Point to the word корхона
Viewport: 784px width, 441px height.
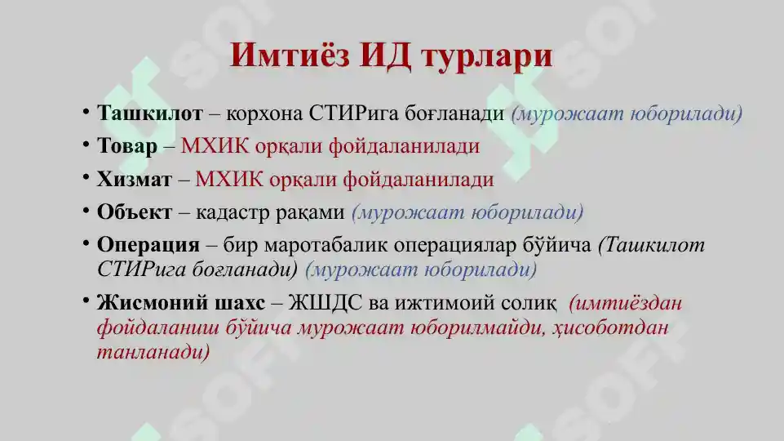coord(266,114)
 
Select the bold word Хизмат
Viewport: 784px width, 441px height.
coord(135,179)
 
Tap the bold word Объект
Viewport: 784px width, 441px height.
coord(135,212)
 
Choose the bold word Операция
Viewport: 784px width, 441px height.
coord(148,246)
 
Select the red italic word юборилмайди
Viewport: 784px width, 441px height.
coord(475,328)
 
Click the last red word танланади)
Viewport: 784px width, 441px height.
coord(153,352)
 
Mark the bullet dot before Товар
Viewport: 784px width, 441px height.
coord(86,144)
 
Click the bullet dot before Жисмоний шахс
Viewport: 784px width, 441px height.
coord(86,301)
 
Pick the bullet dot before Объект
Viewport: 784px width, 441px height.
coord(86,210)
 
